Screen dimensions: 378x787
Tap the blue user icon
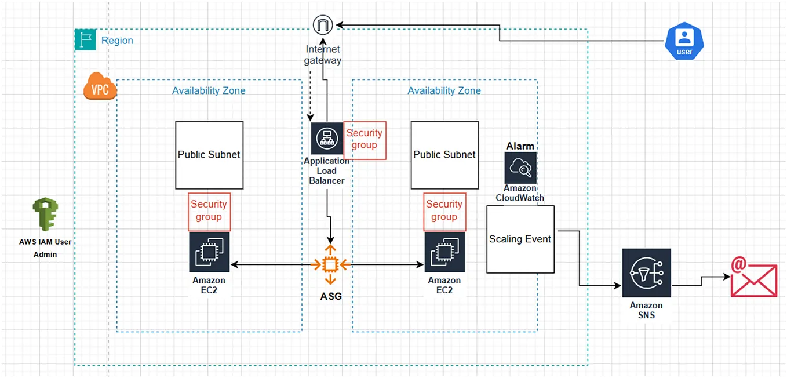(684, 41)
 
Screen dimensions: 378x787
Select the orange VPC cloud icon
(100, 86)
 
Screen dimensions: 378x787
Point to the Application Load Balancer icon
(327, 138)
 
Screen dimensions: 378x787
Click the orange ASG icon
(330, 265)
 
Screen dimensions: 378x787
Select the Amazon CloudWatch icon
(520, 168)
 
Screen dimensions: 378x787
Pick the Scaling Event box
(520, 239)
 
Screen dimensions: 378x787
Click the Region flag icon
(85, 40)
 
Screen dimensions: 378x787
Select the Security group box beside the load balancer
(365, 140)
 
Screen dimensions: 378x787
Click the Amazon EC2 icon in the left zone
(209, 252)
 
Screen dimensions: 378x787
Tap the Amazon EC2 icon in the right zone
(444, 252)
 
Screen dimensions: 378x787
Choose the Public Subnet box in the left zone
(209, 155)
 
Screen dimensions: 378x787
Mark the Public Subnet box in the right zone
(444, 155)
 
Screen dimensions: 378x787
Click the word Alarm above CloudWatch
(520, 146)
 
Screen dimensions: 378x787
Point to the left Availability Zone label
(209, 91)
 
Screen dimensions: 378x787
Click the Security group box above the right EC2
(444, 211)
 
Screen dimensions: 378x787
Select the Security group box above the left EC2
(209, 211)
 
